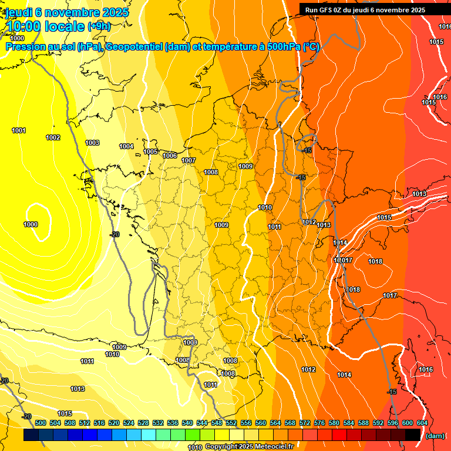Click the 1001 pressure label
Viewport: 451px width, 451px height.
[x=19, y=130]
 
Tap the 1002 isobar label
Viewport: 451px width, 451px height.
[x=53, y=137]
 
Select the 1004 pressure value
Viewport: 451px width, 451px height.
[x=126, y=146]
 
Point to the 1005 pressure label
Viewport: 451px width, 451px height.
[x=150, y=152]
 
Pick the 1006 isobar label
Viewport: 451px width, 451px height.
[x=170, y=156]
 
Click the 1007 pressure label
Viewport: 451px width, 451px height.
[x=189, y=160]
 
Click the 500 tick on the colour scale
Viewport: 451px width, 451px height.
[x=41, y=423]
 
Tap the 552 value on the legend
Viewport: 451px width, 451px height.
[x=231, y=423]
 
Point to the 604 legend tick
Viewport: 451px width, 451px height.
[x=422, y=423]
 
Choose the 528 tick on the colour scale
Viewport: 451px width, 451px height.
[x=143, y=423]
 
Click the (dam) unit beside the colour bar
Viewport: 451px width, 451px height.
[x=435, y=436]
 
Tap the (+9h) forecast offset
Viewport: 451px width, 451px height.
[x=99, y=26]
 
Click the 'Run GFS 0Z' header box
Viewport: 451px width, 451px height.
[x=365, y=9]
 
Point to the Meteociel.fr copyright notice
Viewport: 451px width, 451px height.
[x=249, y=447]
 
